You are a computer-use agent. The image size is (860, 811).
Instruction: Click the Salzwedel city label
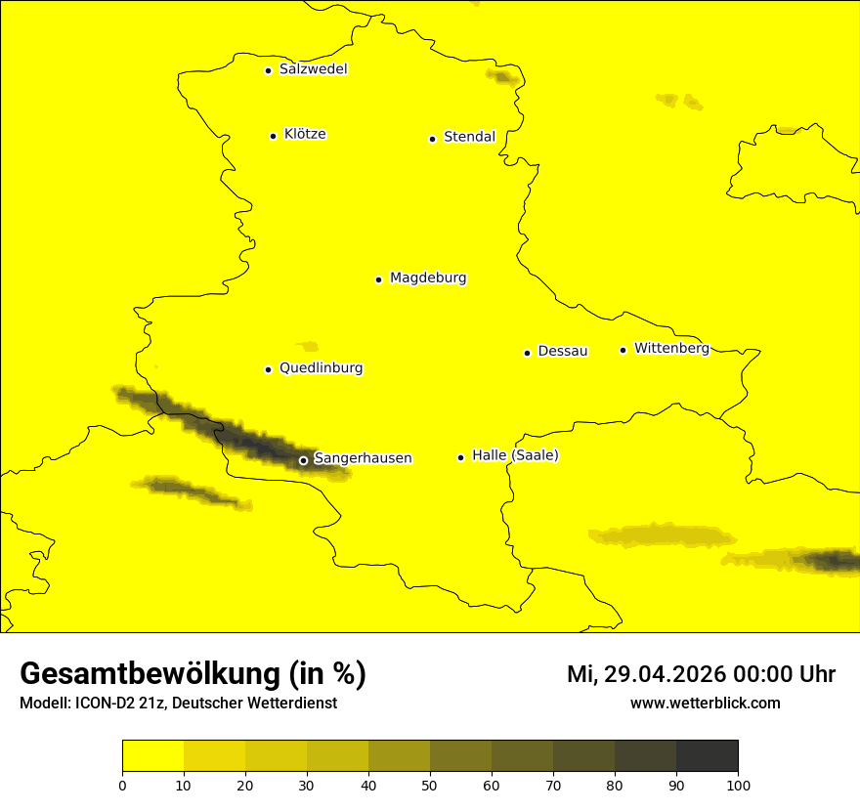[x=313, y=69]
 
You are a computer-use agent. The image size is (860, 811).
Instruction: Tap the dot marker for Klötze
[x=273, y=136]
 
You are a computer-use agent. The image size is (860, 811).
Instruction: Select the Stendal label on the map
[x=469, y=137]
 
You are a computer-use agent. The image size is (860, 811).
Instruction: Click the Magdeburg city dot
[x=378, y=279]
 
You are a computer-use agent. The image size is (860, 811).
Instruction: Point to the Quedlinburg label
[x=321, y=368]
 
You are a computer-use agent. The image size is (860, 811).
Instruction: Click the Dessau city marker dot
[x=527, y=353]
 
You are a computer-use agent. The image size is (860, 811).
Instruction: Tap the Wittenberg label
[x=671, y=348]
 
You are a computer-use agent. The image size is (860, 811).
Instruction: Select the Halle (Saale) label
[x=515, y=455]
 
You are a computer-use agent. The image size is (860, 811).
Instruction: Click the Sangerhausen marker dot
[x=303, y=460]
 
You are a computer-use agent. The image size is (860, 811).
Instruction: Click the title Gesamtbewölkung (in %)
[x=193, y=674]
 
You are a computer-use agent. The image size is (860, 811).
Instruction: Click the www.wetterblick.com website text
[x=705, y=703]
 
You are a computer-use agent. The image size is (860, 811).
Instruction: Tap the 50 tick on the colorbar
[x=430, y=784]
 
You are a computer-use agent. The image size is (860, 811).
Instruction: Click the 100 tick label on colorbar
[x=738, y=784]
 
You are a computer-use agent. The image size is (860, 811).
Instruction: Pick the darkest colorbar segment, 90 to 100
[x=707, y=756]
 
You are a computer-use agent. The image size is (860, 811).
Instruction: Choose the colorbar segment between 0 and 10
[x=152, y=756]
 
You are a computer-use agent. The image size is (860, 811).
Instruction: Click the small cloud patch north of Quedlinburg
[x=309, y=346]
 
